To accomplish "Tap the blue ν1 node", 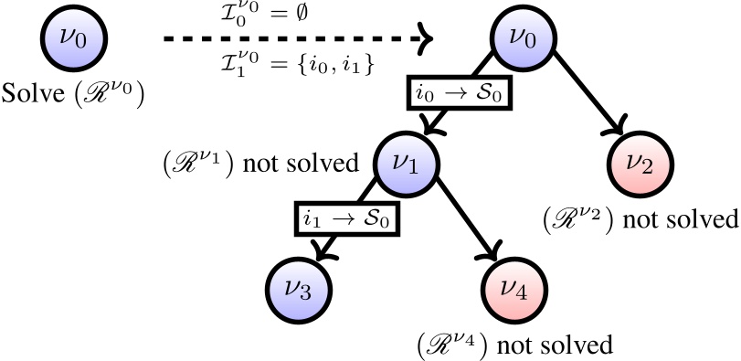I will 407,166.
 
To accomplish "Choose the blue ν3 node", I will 299,290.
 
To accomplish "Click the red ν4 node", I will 512,292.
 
